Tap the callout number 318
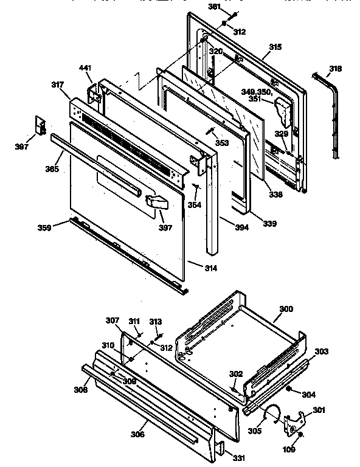coord(336,68)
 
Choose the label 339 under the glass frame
coord(269,224)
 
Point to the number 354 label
coord(194,205)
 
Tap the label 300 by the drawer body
coord(286,309)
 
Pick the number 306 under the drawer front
coord(137,435)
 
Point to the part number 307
coord(113,320)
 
